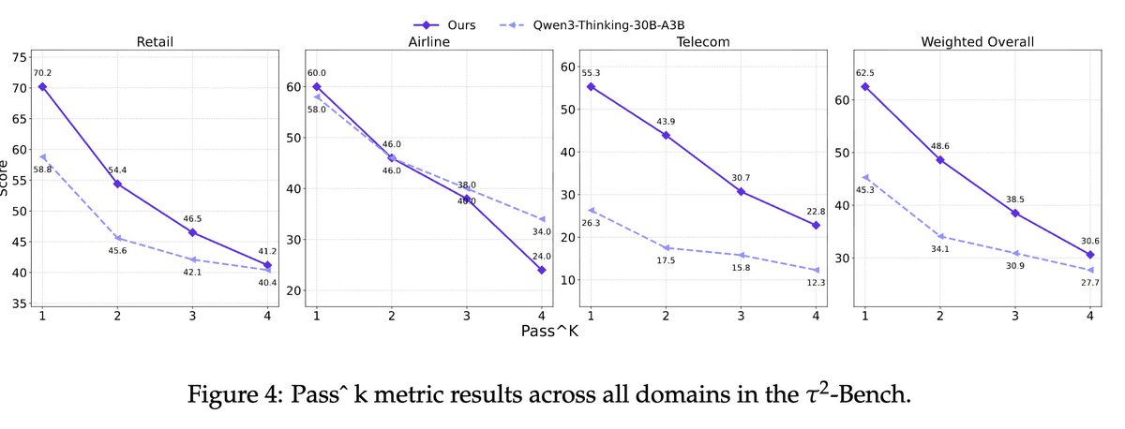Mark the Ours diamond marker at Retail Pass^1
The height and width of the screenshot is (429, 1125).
click(x=42, y=86)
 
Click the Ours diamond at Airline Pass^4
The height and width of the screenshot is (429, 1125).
click(x=542, y=270)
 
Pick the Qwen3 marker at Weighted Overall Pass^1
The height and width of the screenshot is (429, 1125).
click(x=865, y=176)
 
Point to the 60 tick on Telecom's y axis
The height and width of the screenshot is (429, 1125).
click(x=569, y=67)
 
